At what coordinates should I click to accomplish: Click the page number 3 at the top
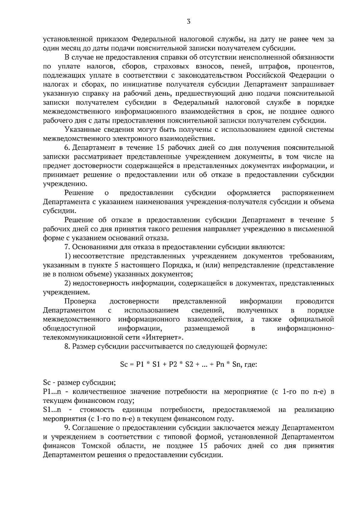coord(188,21)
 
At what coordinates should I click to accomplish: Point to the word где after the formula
coord(251,365)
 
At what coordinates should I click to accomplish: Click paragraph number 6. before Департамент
coord(67,147)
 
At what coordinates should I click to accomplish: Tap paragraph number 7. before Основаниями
coord(67,247)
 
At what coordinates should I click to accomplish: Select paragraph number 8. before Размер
coord(67,347)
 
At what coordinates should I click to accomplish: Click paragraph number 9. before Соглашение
coord(67,428)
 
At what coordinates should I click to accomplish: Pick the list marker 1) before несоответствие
coord(67,256)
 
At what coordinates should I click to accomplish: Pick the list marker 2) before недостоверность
coord(67,283)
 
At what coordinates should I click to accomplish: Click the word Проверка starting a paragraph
coord(80,301)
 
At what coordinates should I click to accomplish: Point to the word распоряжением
coord(308,193)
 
